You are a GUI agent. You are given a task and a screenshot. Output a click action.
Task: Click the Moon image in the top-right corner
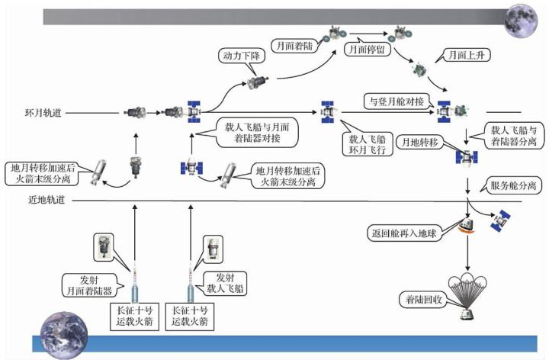(x=521, y=20)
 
